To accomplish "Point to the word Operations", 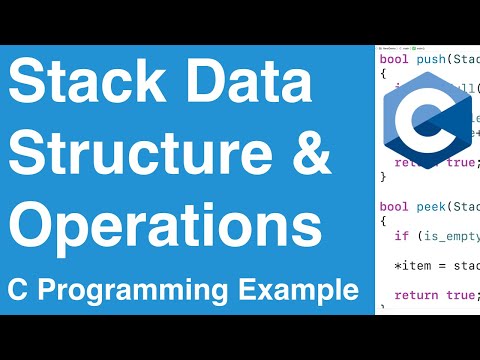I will [x=165, y=227].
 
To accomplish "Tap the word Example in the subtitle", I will [x=302, y=290].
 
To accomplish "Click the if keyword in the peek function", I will [x=401, y=237].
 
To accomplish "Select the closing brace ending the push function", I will [x=383, y=176].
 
